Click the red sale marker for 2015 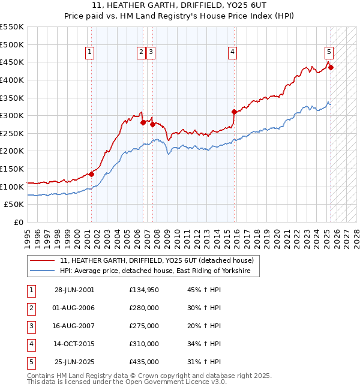[234, 112]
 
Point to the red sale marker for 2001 [91, 174]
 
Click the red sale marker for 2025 [331, 67]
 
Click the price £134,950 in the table [144, 290]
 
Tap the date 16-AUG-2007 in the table [74, 326]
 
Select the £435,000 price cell [144, 362]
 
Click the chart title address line [180, 7]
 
